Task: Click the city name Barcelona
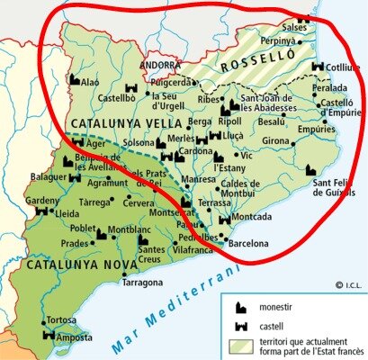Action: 250,243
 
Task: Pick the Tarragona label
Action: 148,281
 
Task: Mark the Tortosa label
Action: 61,320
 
